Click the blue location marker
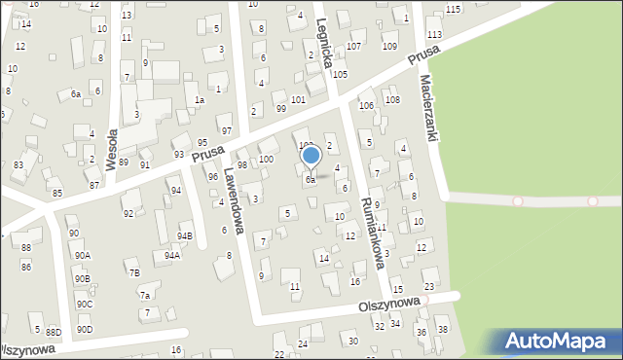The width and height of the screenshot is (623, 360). [311, 156]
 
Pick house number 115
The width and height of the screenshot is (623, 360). [453, 9]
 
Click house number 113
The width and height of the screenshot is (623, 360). [434, 34]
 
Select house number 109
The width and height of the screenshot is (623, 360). [389, 46]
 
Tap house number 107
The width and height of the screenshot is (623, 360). [353, 46]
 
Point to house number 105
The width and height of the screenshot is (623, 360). [340, 74]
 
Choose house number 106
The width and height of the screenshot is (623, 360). [366, 105]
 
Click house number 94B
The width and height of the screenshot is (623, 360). [185, 236]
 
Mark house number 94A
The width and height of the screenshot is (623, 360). [172, 256]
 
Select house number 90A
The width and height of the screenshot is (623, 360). [82, 255]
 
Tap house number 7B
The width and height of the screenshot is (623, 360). [134, 273]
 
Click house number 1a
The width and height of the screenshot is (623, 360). [199, 100]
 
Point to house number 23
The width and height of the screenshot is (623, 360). [429, 286]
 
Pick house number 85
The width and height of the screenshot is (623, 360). [57, 193]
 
